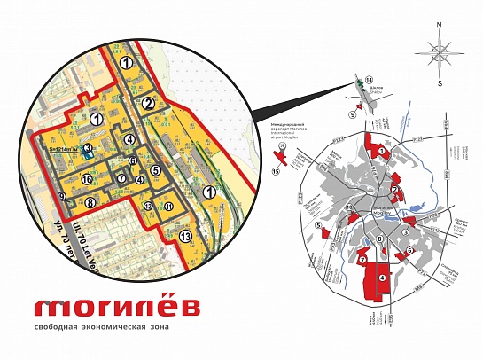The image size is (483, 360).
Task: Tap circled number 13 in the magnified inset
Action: pos(184,236)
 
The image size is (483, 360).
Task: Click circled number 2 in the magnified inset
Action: pos(149,104)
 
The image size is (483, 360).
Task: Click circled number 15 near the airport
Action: pos(276,171)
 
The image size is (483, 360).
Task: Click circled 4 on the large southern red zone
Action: pos(382,278)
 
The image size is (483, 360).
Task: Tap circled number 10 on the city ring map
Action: pos(350,208)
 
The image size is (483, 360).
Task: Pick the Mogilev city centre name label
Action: pos(379,212)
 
